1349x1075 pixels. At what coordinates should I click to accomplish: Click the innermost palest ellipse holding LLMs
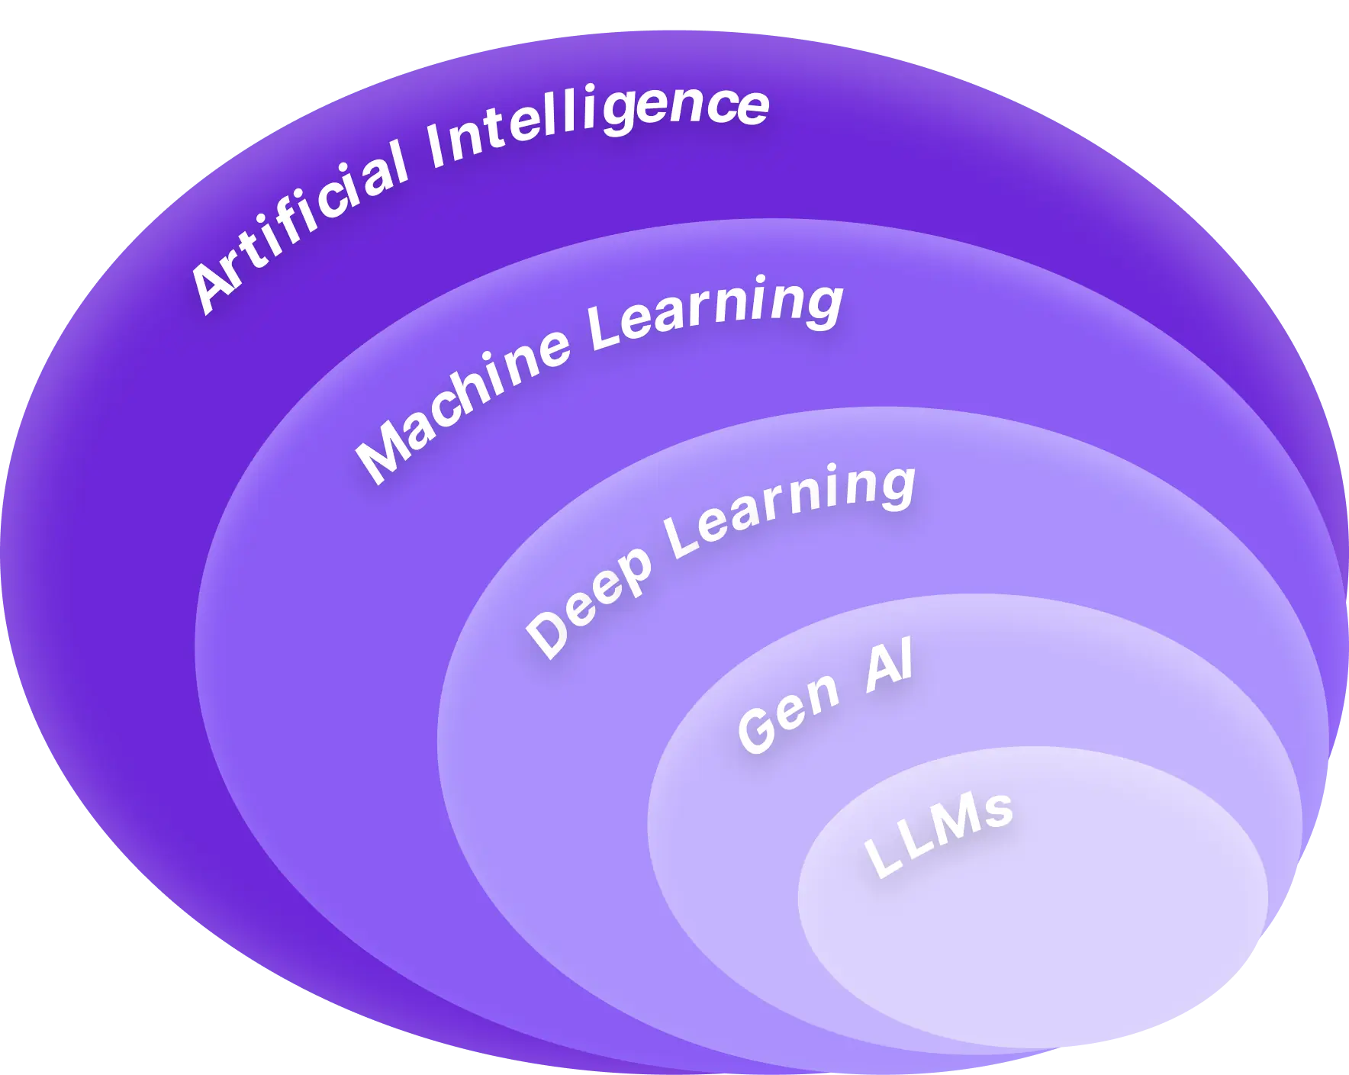1068,938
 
